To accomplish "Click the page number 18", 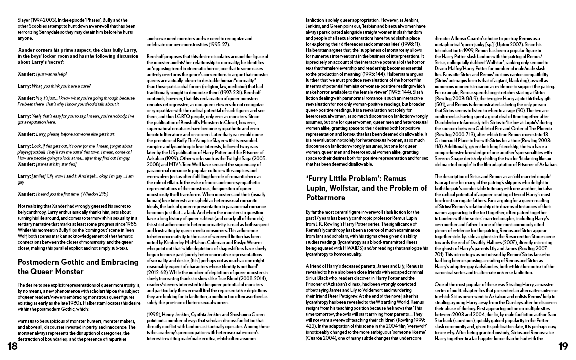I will pyautogui.click(x=11, y=347).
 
